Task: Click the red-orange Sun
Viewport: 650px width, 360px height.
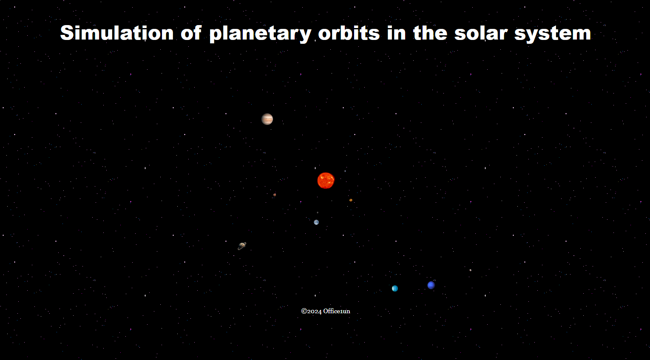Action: (x=326, y=181)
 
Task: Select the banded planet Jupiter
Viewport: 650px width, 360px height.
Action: (x=267, y=119)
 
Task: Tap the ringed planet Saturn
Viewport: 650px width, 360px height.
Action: (x=242, y=246)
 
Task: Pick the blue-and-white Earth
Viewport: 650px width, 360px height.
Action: (x=316, y=222)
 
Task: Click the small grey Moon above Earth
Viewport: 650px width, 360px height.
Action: (x=318, y=213)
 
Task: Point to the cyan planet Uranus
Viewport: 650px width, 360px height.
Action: (x=395, y=288)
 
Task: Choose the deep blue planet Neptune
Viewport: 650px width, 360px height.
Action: (x=431, y=285)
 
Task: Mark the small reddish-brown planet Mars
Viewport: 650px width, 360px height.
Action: (x=275, y=195)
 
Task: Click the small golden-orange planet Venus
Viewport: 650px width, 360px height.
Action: (x=351, y=200)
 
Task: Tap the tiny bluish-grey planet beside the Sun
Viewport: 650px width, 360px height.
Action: (x=345, y=171)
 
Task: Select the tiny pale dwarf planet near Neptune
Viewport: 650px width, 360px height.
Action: (x=470, y=270)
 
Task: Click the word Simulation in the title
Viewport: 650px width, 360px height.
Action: (x=117, y=32)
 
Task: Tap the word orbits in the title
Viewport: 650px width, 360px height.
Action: (x=349, y=32)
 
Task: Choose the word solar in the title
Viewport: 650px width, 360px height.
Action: (x=481, y=33)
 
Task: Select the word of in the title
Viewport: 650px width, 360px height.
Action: (x=191, y=32)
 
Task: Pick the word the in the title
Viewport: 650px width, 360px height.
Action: (x=430, y=32)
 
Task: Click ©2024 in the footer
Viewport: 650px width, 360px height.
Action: (x=311, y=311)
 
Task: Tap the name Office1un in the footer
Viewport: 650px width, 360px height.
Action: (x=337, y=311)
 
